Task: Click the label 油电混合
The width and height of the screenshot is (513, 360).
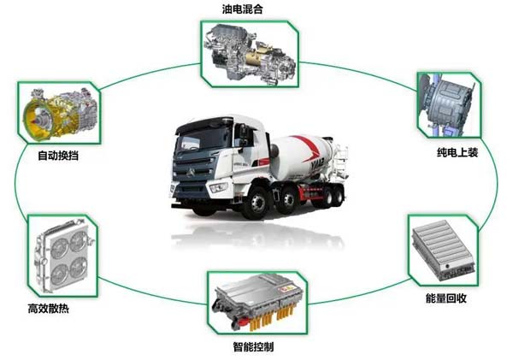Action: coord(243,9)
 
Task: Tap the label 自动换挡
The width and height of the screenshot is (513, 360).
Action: coord(58,155)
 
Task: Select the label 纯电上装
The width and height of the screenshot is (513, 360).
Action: coord(457,152)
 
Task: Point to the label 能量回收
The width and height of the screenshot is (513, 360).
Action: coord(446,298)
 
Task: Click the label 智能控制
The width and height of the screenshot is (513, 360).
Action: coord(253,346)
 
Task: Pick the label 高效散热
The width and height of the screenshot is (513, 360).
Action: coord(49,309)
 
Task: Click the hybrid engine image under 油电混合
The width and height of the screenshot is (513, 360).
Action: coord(250,54)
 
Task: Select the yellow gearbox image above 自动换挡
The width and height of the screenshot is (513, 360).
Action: coord(60,114)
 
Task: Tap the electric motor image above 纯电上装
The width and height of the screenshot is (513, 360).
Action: coord(446,104)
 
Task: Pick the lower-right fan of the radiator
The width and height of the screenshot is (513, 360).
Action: coord(79,268)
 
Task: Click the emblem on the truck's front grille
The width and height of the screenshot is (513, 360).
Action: coord(191,172)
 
